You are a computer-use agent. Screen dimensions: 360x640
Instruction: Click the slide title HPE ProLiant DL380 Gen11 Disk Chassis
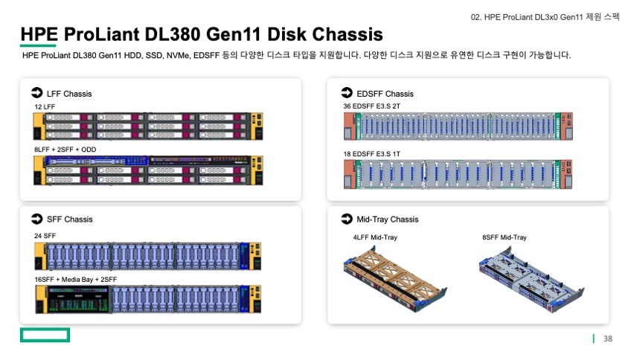click(x=202, y=34)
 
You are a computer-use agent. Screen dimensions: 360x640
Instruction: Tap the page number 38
click(x=607, y=339)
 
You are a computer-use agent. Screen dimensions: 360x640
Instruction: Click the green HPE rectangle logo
click(x=45, y=335)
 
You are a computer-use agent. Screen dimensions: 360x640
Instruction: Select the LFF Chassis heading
click(x=69, y=94)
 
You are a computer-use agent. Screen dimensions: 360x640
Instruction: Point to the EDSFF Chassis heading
click(x=385, y=94)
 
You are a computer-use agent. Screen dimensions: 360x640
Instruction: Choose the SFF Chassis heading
click(x=69, y=219)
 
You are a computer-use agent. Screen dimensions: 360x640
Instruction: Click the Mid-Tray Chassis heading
click(x=387, y=219)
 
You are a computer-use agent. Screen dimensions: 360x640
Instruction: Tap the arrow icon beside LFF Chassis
click(x=36, y=94)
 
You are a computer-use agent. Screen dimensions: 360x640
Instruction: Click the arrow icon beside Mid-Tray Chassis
click(x=346, y=219)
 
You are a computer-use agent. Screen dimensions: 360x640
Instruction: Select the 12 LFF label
click(x=45, y=107)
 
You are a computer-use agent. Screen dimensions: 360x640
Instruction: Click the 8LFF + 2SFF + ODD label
click(x=65, y=150)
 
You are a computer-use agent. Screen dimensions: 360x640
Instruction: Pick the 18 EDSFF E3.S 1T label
click(x=371, y=153)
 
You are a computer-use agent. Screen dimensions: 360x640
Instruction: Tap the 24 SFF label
click(x=45, y=235)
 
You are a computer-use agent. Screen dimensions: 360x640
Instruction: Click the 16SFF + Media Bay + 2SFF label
click(x=75, y=279)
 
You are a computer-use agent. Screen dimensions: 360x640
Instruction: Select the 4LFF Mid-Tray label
click(x=375, y=237)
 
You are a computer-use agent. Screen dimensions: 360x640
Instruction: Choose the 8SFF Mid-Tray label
click(x=504, y=237)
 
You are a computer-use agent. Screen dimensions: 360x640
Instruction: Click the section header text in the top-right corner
click(x=545, y=16)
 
